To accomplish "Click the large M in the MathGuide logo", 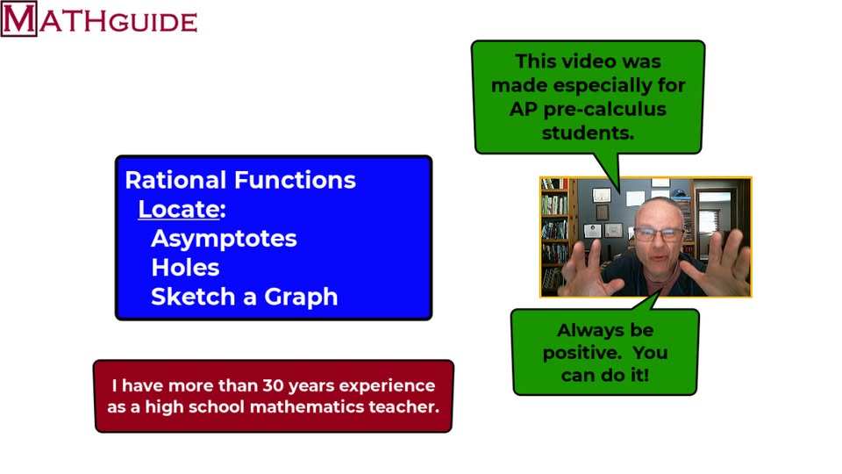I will [18, 19].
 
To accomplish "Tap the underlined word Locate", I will [178, 210].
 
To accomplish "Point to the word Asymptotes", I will [224, 239].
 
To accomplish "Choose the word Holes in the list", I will [185, 268].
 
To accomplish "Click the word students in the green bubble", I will [587, 133].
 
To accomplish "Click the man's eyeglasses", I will [658, 233].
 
